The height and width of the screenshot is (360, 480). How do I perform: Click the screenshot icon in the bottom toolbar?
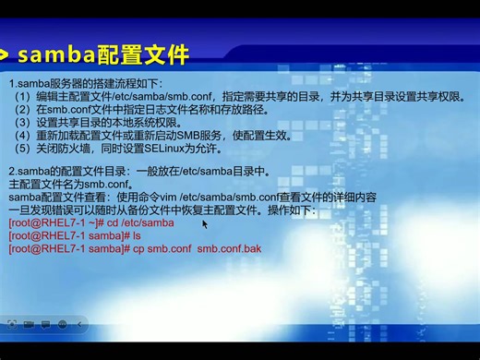pyautogui.click(x=11, y=325)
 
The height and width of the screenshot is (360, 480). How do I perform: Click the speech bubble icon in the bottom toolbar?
pyautogui.click(x=44, y=325)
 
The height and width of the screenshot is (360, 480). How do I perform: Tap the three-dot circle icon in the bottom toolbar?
pyautogui.click(x=62, y=325)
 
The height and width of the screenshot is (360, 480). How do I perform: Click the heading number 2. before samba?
pyautogui.click(x=12, y=172)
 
